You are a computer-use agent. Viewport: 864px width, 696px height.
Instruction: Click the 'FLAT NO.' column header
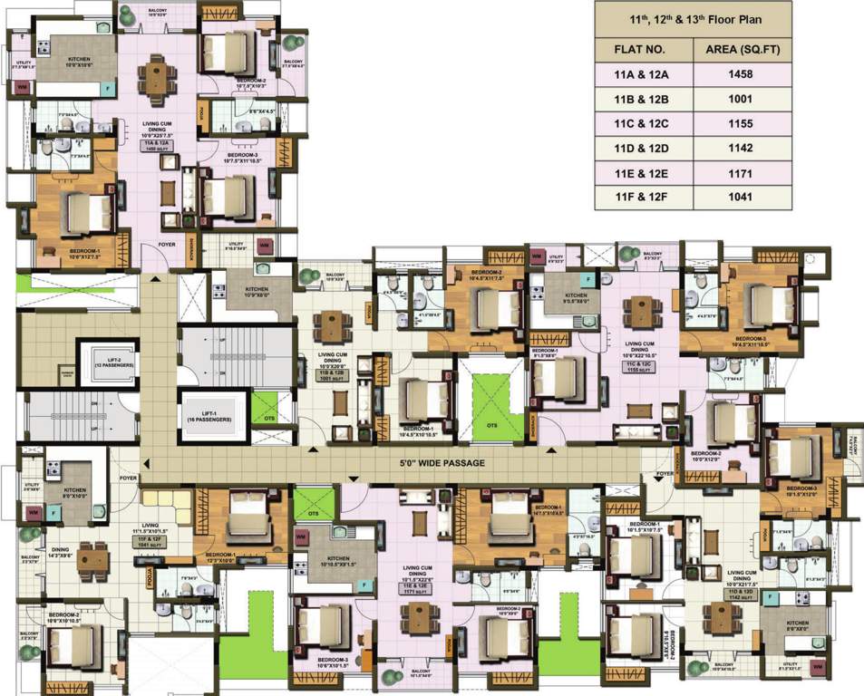pyautogui.click(x=641, y=49)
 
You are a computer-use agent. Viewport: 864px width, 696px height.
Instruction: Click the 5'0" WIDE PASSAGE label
pyautogui.click(x=443, y=463)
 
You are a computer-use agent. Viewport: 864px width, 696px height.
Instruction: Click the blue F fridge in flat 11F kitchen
pyautogui.click(x=53, y=512)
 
